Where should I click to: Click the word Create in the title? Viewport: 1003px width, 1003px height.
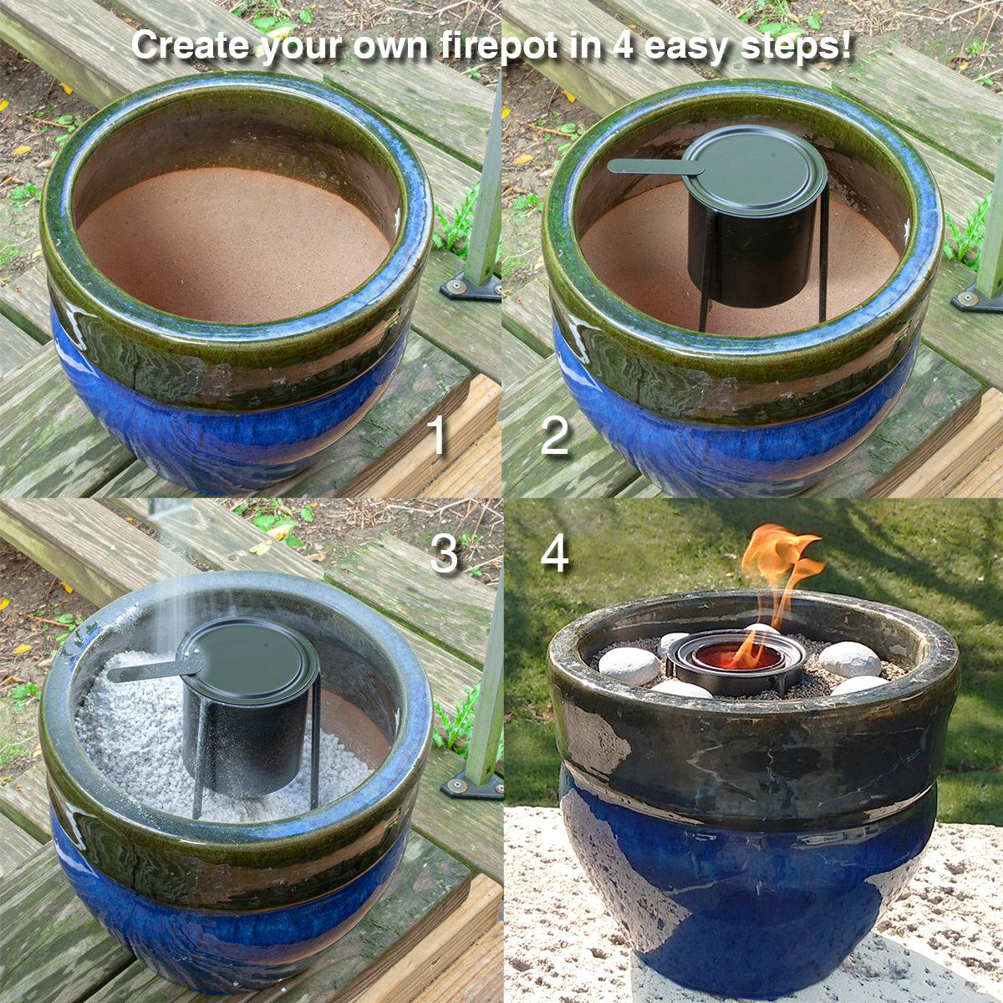190,46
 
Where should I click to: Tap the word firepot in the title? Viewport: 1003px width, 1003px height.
499,46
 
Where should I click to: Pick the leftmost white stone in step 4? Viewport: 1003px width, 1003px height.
629,665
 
